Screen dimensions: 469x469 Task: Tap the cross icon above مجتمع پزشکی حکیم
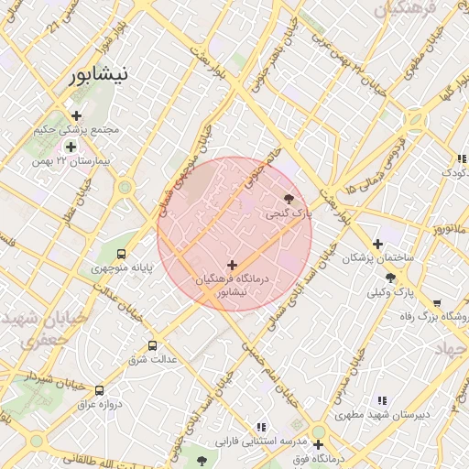76,115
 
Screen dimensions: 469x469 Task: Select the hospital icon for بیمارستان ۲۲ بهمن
71,147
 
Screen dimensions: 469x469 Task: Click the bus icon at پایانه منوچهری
122,254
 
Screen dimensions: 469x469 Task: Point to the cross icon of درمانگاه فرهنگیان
232,265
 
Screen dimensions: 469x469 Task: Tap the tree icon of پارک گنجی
289,199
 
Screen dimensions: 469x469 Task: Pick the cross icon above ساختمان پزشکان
377,244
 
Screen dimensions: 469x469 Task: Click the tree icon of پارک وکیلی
391,278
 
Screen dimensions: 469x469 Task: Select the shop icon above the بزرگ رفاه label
437,302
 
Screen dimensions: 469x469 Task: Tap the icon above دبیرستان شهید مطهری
382,400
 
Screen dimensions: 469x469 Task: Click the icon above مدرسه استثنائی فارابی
262,426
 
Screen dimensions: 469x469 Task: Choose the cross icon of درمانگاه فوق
318,444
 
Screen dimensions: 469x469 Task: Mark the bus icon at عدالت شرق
152,345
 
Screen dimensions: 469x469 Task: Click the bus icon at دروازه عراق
99,390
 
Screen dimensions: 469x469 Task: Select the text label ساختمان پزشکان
377,258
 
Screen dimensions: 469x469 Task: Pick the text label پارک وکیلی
391,292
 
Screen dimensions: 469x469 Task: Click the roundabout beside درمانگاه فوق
318,431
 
